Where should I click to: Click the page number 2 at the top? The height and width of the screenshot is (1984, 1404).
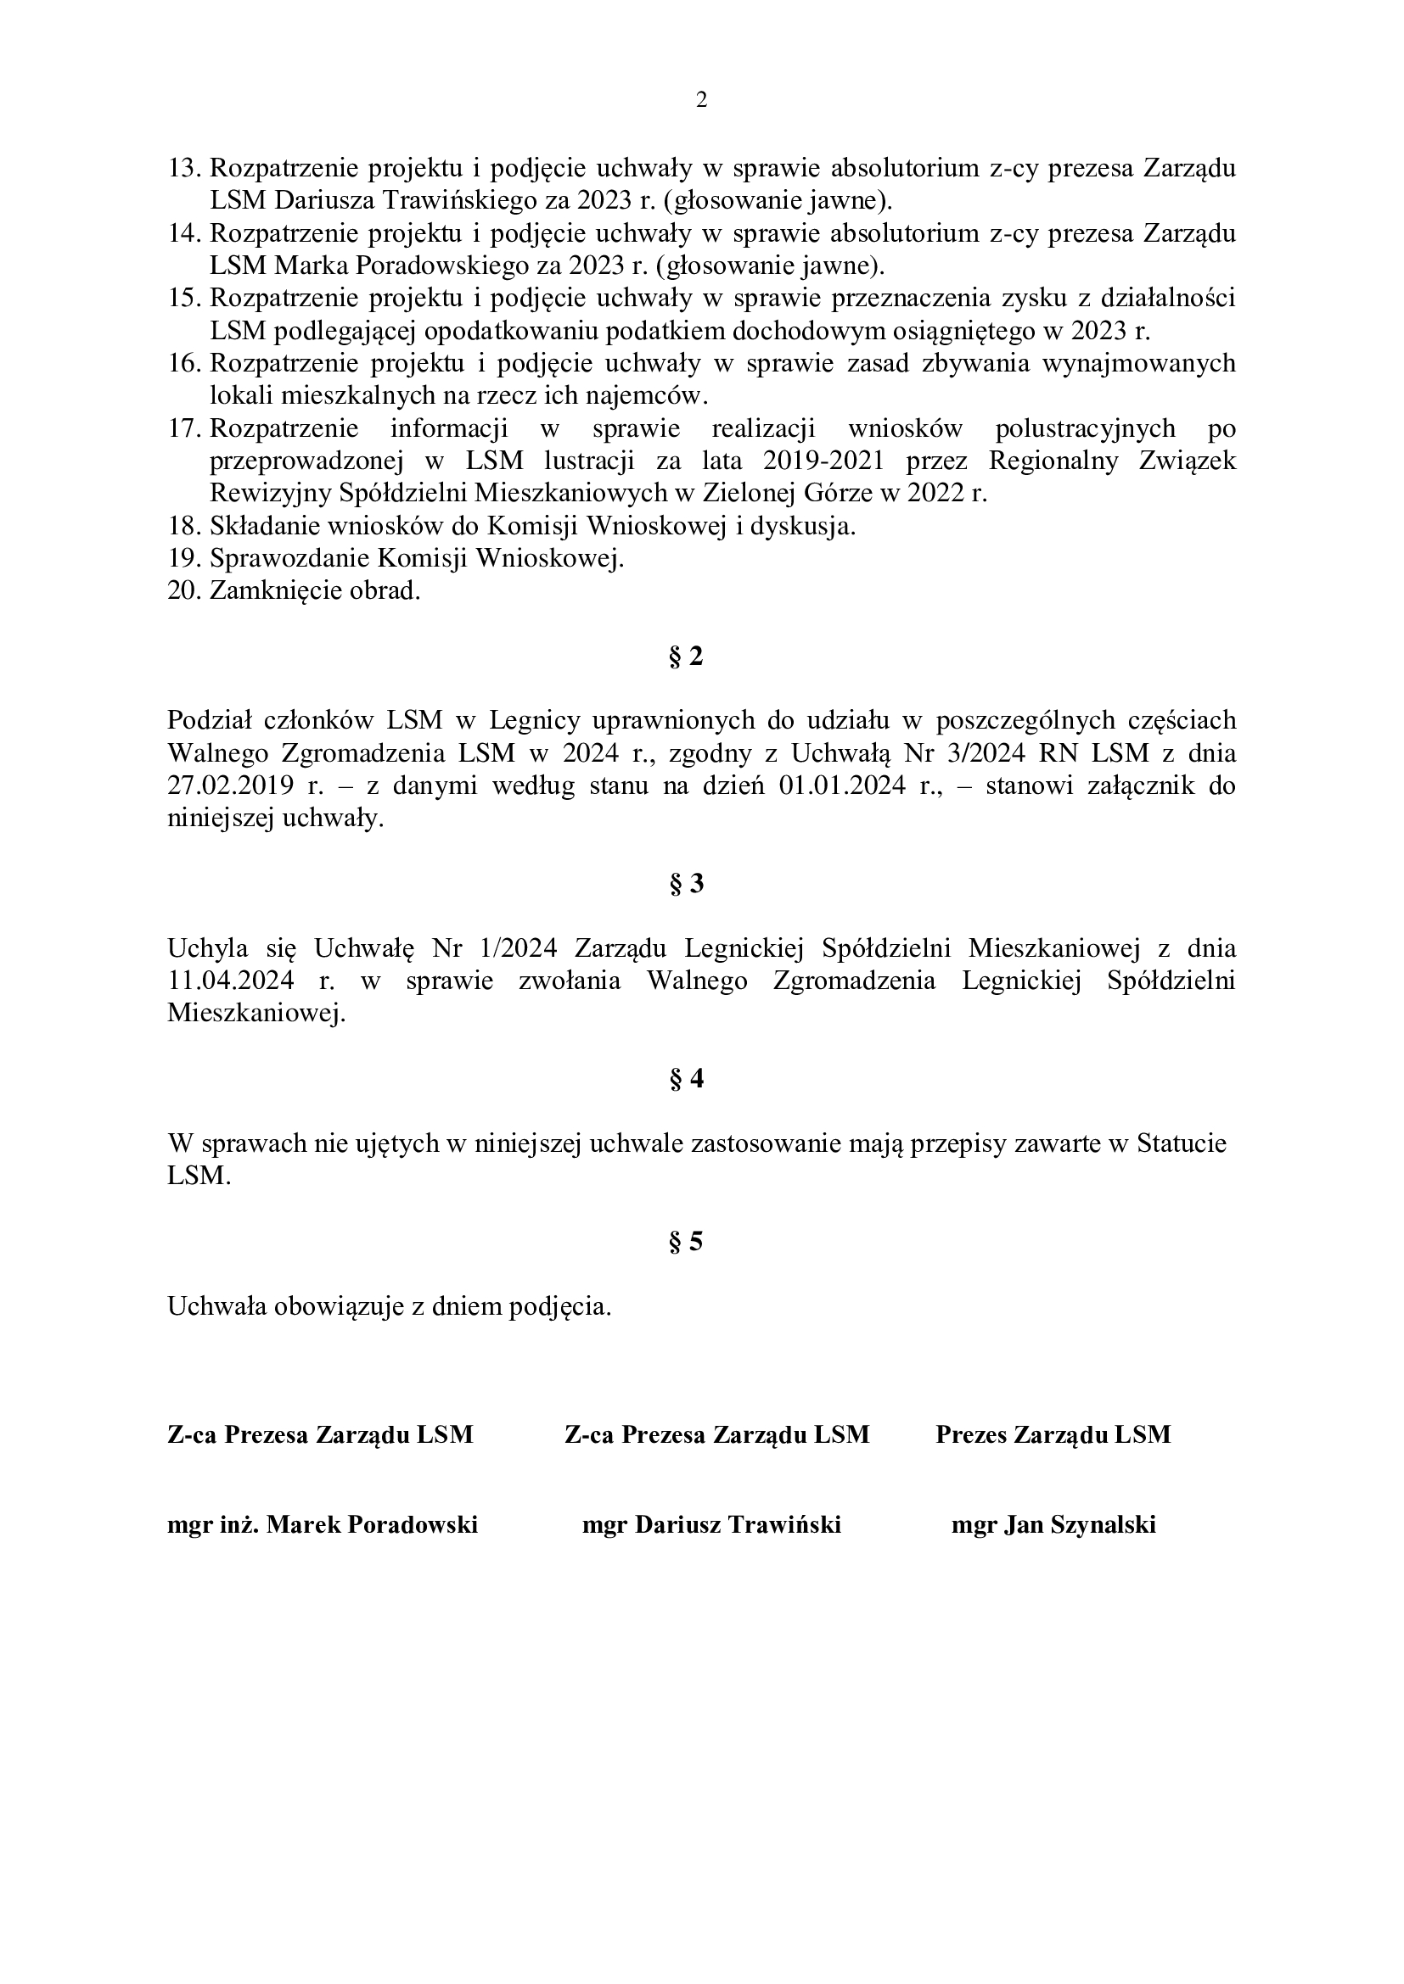[x=701, y=101]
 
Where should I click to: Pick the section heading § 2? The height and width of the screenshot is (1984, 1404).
[x=687, y=657]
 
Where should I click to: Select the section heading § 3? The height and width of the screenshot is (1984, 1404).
[x=687, y=885]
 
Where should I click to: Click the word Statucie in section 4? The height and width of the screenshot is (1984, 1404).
[x=1182, y=1144]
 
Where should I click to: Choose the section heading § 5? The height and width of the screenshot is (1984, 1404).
[x=687, y=1243]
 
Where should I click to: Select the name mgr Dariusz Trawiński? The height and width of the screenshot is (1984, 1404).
[x=711, y=1525]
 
